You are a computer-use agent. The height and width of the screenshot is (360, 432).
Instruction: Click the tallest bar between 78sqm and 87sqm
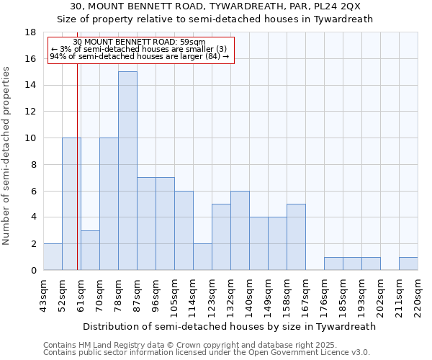pyautogui.click(x=127, y=171)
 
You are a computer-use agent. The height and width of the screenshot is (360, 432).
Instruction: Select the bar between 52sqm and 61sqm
pyautogui.click(x=71, y=204)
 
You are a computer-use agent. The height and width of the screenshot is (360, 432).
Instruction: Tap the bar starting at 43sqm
pyautogui.click(x=53, y=257)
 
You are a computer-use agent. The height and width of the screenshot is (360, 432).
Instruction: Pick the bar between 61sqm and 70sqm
pyautogui.click(x=90, y=250)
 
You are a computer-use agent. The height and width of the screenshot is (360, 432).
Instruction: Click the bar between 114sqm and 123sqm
pyautogui.click(x=202, y=257)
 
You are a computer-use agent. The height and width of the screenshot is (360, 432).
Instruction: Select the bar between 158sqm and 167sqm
pyautogui.click(x=296, y=237)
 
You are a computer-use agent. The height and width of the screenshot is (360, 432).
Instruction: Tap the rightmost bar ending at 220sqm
pyautogui.click(x=408, y=264)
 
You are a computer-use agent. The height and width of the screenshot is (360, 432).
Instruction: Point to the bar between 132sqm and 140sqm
pyautogui.click(x=240, y=230)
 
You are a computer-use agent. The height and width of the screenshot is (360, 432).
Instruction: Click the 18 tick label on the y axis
pyautogui.click(x=30, y=32)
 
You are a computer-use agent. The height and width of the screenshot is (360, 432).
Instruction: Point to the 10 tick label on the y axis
pyautogui.click(x=30, y=138)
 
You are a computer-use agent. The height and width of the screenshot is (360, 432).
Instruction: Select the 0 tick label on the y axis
pyautogui.click(x=32, y=271)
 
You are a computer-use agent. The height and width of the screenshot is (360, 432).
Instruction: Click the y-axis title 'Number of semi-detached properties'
pyautogui.click(x=7, y=156)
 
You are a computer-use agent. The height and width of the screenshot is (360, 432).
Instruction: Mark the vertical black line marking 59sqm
pyautogui.click(x=77, y=180)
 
